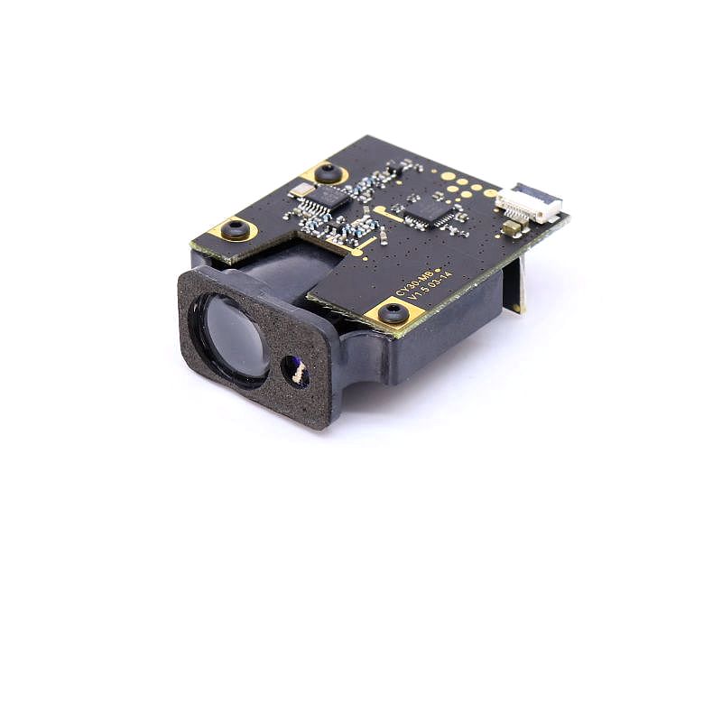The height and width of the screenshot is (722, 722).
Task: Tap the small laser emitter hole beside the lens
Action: click(x=294, y=370)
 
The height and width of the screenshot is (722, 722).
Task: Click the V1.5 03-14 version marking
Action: click(x=431, y=291)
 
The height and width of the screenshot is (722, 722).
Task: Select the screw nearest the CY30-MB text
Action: click(x=393, y=313)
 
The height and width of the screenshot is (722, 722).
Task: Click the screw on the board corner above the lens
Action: click(x=235, y=228)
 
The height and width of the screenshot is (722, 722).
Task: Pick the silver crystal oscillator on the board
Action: click(x=302, y=189)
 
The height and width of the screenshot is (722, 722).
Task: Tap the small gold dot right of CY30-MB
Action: click(x=439, y=269)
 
